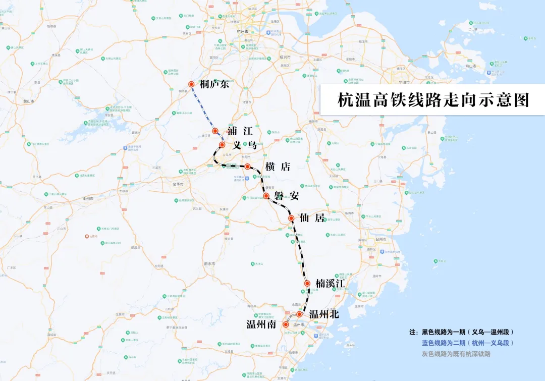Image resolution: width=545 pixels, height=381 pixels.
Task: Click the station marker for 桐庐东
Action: pyautogui.click(x=191, y=84)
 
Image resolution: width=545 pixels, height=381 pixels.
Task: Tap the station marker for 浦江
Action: pyautogui.click(x=215, y=131)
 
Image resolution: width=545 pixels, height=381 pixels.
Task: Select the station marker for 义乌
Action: pyautogui.click(x=222, y=145)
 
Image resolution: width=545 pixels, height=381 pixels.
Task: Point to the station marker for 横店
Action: pyautogui.click(x=248, y=166)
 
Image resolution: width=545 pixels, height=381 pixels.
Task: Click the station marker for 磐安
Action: pyautogui.click(x=266, y=195)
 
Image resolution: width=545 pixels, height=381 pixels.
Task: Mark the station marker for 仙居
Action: pyautogui.click(x=291, y=218)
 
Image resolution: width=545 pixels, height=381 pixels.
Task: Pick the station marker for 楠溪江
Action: pyautogui.click(x=307, y=284)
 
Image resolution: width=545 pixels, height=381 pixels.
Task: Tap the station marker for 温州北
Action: pyautogui.click(x=299, y=314)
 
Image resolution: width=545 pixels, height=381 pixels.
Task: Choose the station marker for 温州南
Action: pyautogui.click(x=286, y=324)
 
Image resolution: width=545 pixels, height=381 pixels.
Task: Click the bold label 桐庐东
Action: pyautogui.click(x=214, y=84)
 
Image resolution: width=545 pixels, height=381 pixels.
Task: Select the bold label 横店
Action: pyautogui.click(x=278, y=167)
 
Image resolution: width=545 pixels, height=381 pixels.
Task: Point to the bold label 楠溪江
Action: pyautogui.click(x=330, y=284)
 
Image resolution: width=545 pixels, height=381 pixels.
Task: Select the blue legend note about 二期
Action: pyautogui.click(x=467, y=343)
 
